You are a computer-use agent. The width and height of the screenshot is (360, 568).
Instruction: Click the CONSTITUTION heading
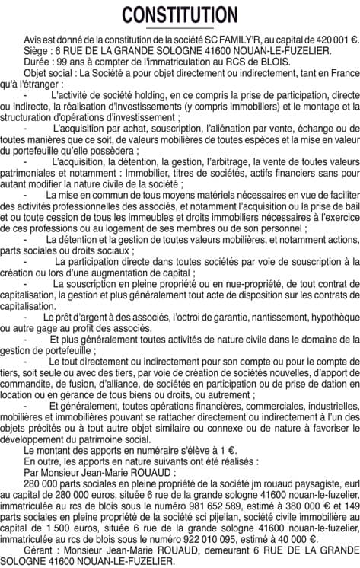(x=180, y=14)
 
